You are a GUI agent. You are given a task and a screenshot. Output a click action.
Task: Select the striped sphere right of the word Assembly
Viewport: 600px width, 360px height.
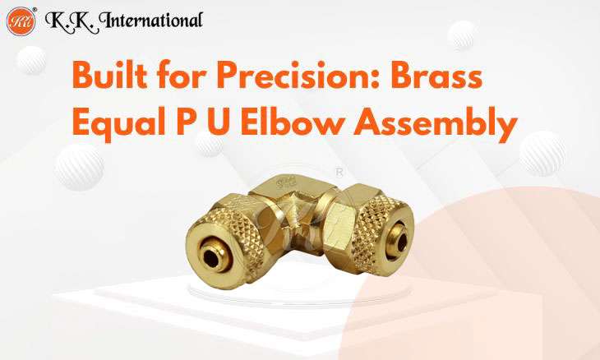point(543,151)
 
